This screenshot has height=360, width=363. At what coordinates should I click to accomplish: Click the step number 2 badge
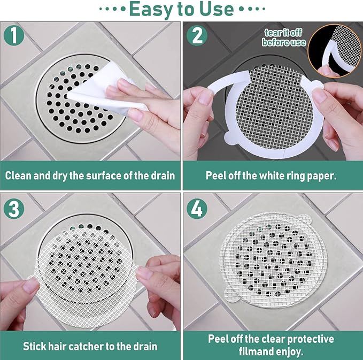(197, 36)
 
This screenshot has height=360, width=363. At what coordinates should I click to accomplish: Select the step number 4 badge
(197, 208)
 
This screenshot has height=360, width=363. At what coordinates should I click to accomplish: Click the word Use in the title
(215, 9)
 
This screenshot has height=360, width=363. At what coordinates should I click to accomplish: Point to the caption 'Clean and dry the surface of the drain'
(90, 175)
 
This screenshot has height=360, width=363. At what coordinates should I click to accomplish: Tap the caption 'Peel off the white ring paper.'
(272, 175)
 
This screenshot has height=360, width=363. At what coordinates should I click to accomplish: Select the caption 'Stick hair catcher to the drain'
(90, 346)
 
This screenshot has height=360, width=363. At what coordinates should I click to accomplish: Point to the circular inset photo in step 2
(335, 51)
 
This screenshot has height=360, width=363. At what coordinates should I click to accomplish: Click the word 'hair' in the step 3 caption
(58, 346)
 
